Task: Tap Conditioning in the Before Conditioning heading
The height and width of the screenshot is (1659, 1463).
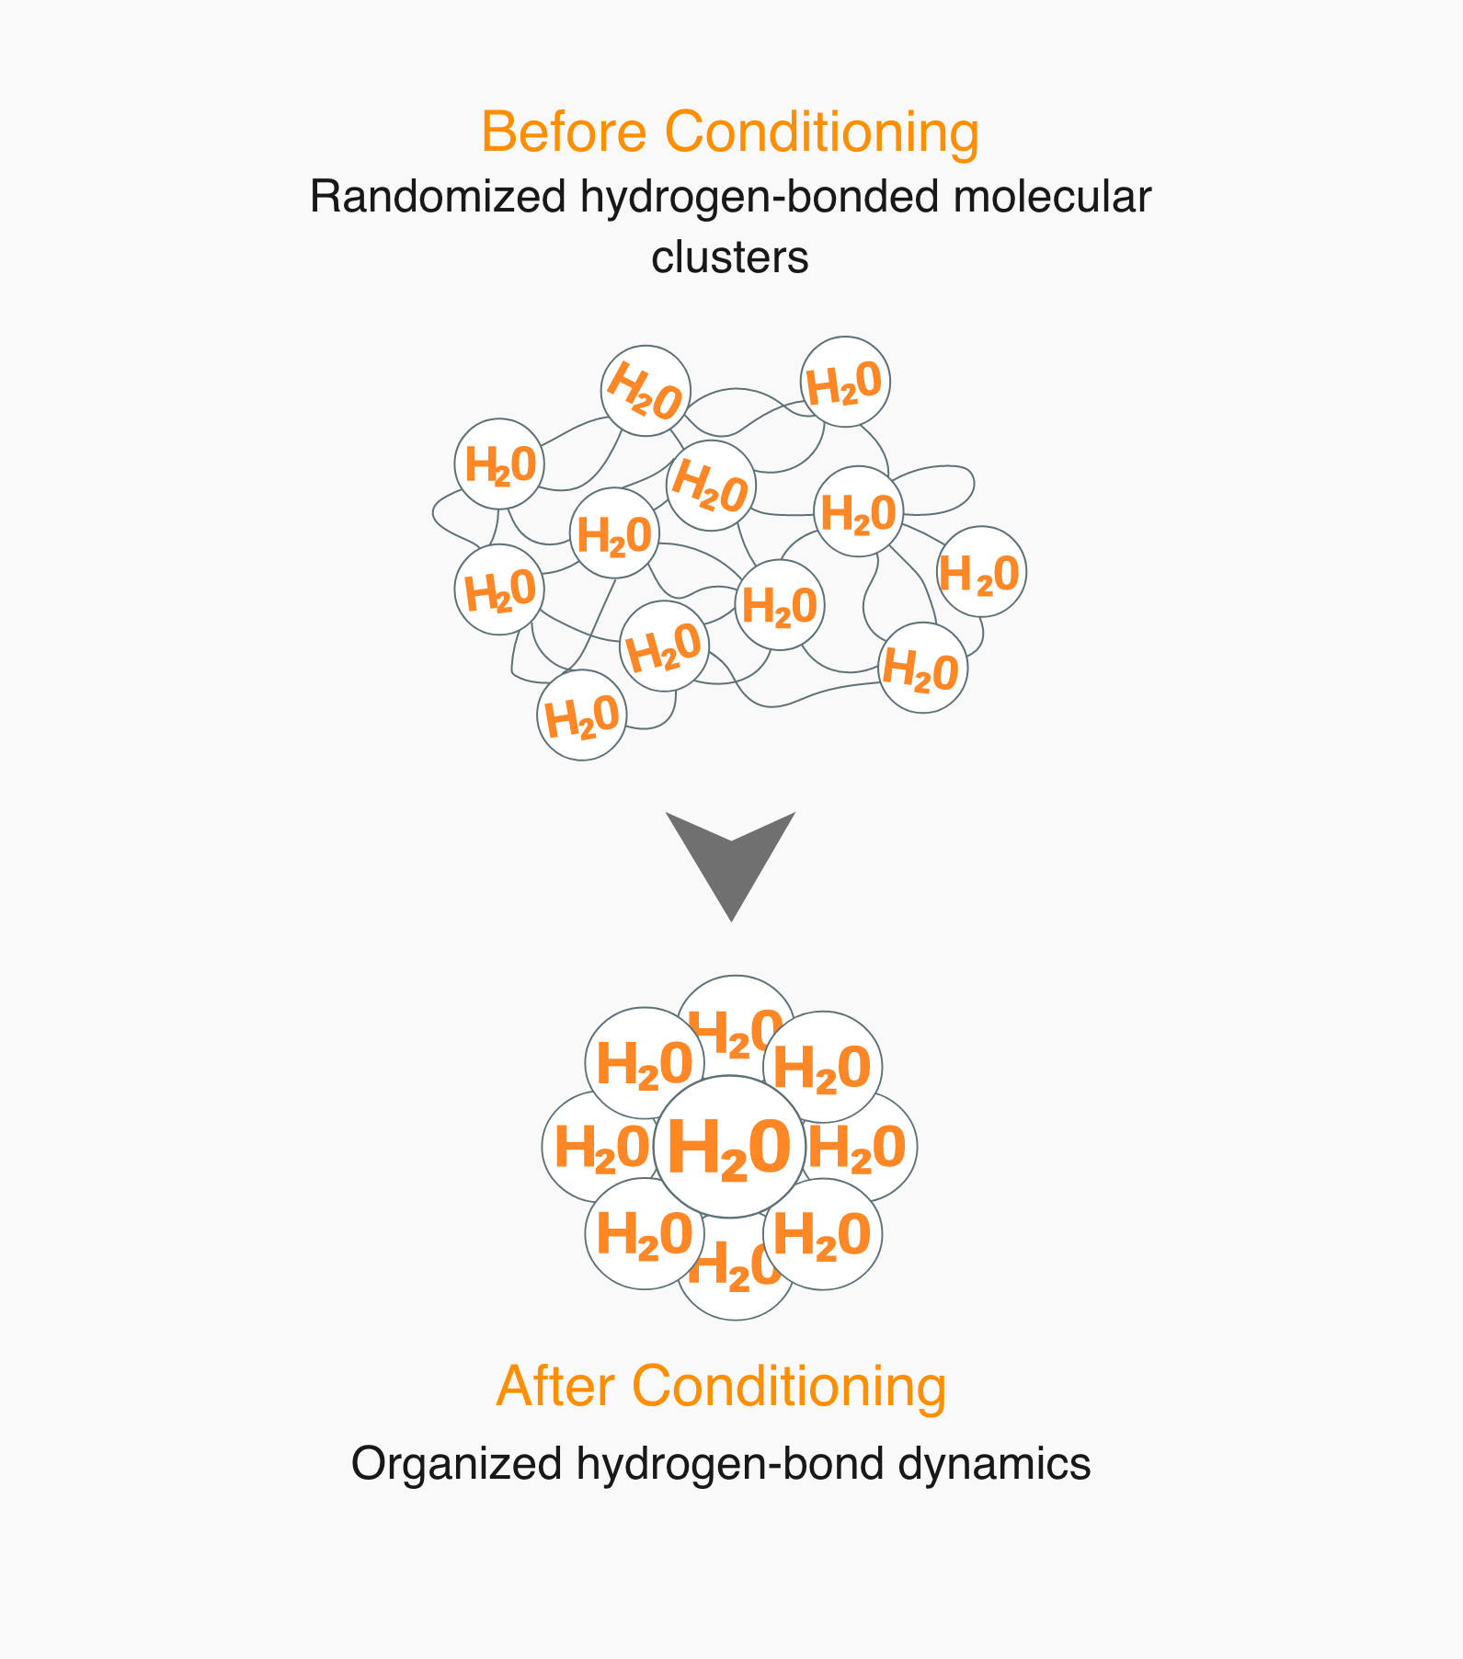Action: tap(822, 132)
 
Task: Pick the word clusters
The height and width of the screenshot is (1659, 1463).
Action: tap(730, 257)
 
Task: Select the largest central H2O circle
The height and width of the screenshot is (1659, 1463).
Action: tap(730, 1147)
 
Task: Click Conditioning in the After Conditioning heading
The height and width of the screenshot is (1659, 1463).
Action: tap(789, 1386)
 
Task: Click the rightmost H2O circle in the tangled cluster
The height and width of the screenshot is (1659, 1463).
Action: tap(981, 571)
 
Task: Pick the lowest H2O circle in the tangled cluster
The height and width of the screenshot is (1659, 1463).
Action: tap(581, 715)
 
